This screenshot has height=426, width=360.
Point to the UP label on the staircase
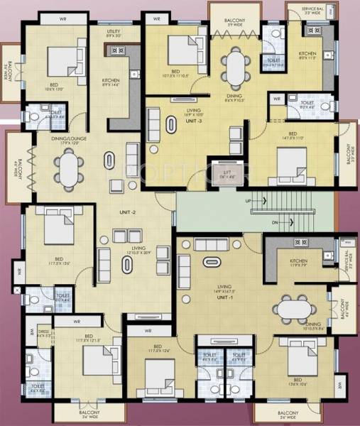coord(247,202)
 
